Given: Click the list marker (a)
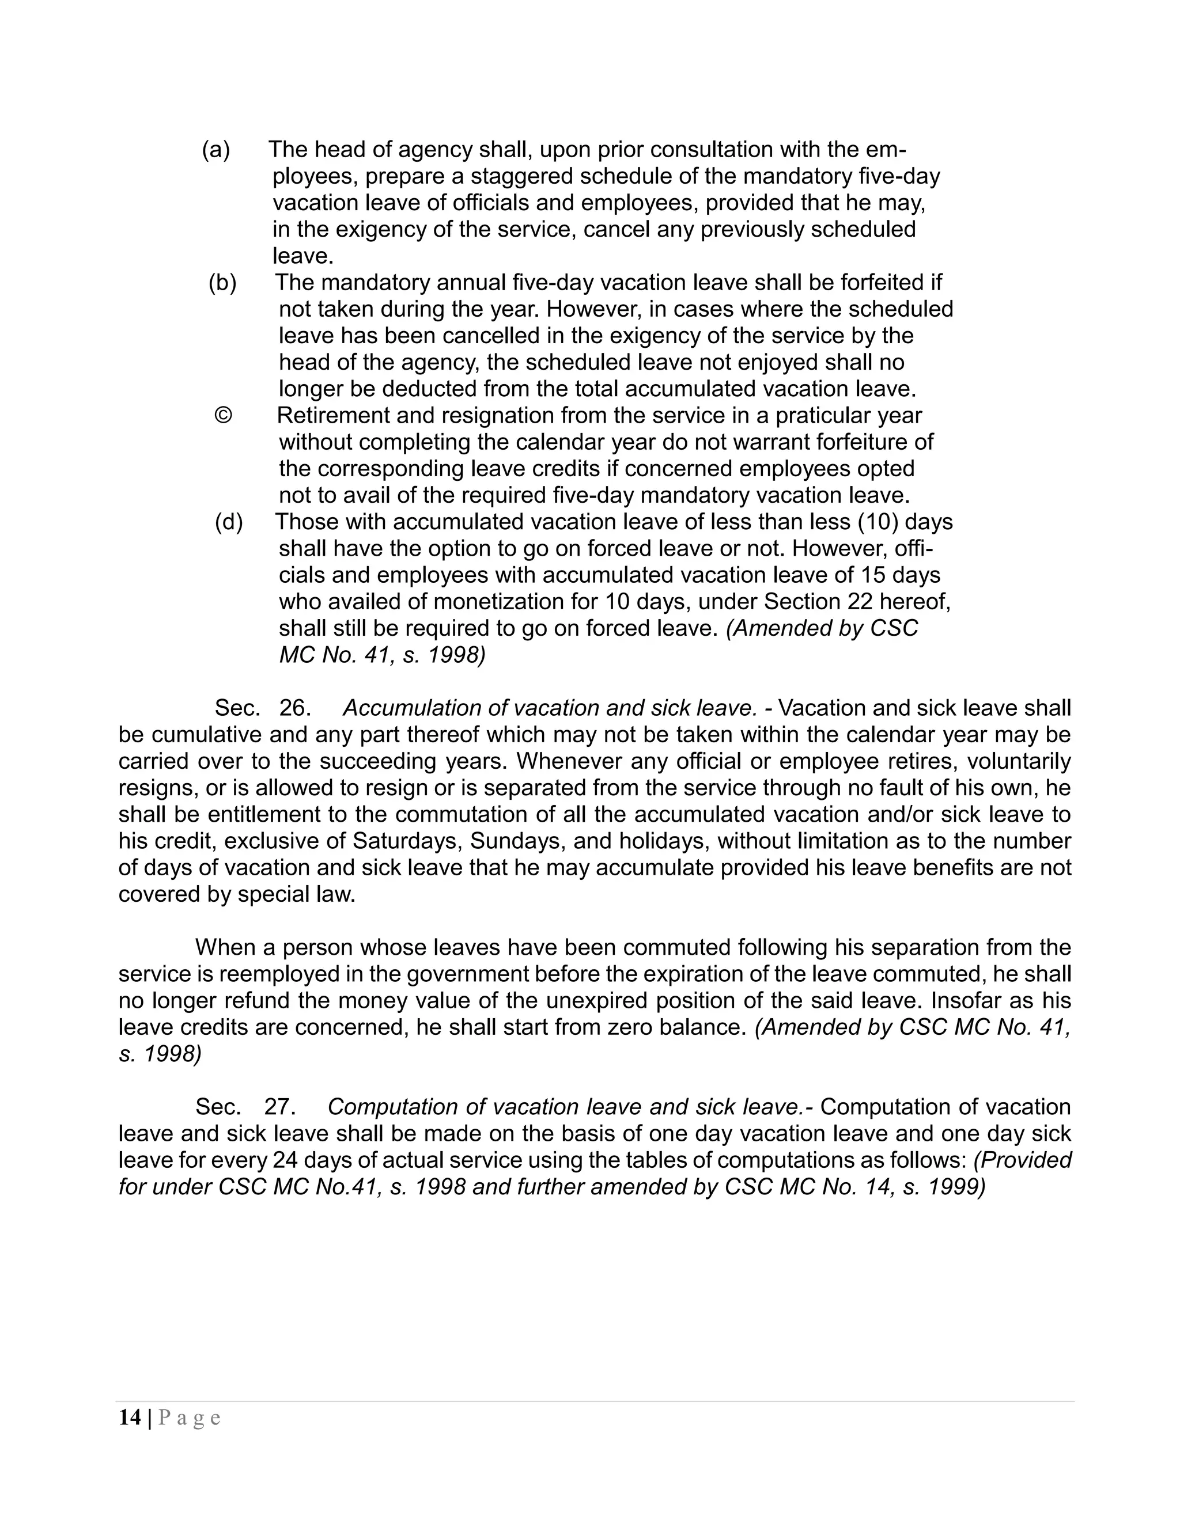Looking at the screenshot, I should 215,150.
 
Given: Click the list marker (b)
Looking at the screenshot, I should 222,283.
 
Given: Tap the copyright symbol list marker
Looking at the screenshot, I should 222,416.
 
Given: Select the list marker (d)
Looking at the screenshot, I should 229,522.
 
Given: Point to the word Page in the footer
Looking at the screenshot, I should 190,1418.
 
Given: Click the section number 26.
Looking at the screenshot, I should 294,708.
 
